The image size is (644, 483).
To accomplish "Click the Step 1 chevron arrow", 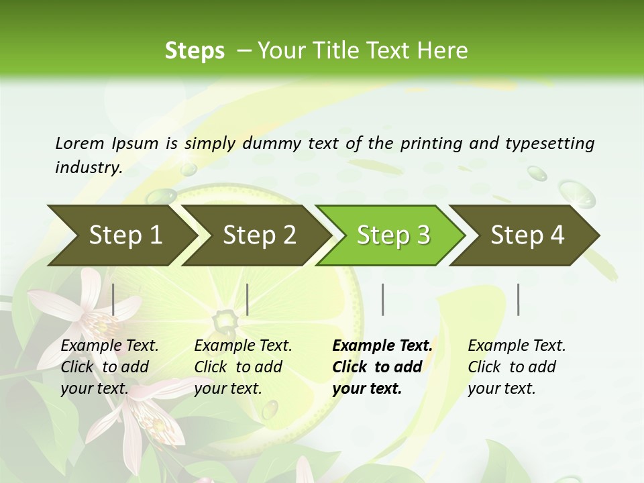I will (x=121, y=235).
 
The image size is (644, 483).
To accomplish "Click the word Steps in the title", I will (x=195, y=50).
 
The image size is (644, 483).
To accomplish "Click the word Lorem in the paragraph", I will (x=79, y=143).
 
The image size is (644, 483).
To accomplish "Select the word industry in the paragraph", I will (x=89, y=167).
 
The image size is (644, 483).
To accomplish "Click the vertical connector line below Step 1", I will (x=113, y=299).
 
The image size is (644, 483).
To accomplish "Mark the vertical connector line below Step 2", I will (x=248, y=299).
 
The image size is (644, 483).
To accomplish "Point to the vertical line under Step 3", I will (x=382, y=299).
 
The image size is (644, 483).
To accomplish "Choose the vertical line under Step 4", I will (x=518, y=299).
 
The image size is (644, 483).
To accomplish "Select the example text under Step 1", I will (x=109, y=367).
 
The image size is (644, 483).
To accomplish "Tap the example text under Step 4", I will (x=517, y=367).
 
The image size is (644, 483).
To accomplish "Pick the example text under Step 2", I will (x=243, y=367).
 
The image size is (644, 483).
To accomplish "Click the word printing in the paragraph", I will (x=431, y=144).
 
